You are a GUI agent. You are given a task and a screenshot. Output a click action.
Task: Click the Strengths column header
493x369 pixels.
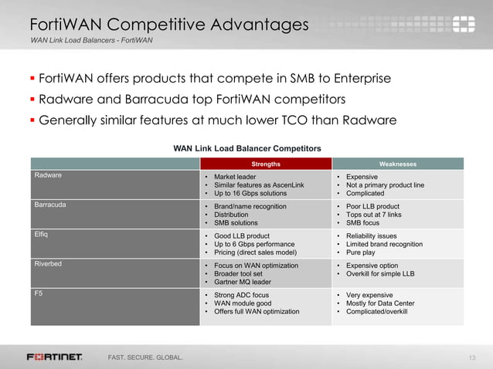coord(266,164)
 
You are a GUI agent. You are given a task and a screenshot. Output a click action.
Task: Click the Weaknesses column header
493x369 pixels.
coord(398,164)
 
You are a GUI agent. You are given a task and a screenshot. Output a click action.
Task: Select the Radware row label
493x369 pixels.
coord(49,176)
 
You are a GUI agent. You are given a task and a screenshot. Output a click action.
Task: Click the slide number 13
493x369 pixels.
coord(474,357)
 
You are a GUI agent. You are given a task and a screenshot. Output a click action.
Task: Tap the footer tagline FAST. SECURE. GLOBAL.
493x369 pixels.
coord(145,357)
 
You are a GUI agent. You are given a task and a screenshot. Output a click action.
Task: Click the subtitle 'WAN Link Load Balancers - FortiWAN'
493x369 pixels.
coord(91,39)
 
